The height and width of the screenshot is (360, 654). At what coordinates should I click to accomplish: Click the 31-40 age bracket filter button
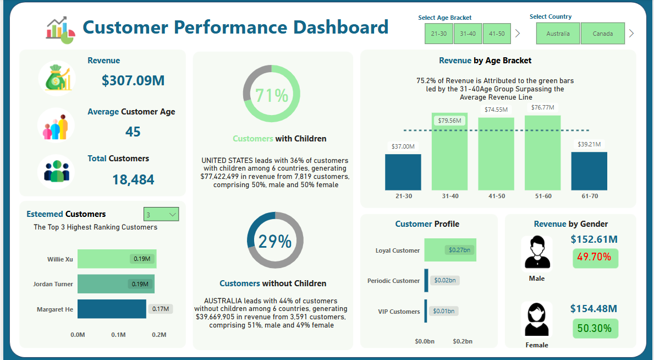tap(468, 34)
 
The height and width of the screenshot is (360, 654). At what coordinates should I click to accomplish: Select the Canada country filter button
tap(603, 34)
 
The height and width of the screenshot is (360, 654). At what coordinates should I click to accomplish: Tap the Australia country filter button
tap(558, 34)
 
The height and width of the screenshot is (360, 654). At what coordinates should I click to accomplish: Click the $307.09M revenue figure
tap(133, 80)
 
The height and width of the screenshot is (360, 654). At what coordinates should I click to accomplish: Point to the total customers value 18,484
tap(133, 179)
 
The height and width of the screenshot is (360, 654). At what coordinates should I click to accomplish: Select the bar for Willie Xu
tap(117, 259)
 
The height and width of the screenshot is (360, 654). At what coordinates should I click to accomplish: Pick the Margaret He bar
tap(112, 309)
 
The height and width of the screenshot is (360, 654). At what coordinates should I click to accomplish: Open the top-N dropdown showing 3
tap(161, 215)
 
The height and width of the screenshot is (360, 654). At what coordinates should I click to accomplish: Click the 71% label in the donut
tap(272, 95)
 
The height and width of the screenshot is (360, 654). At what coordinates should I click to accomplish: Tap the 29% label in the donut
tap(274, 241)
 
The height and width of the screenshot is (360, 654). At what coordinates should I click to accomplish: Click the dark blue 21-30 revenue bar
tap(403, 172)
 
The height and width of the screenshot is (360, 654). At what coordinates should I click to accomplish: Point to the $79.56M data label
tap(450, 121)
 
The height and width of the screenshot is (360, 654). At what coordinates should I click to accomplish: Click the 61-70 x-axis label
tap(589, 196)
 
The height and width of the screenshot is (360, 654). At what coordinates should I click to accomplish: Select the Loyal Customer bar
tap(450, 250)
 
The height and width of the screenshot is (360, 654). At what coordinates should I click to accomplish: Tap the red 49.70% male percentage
tap(596, 257)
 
